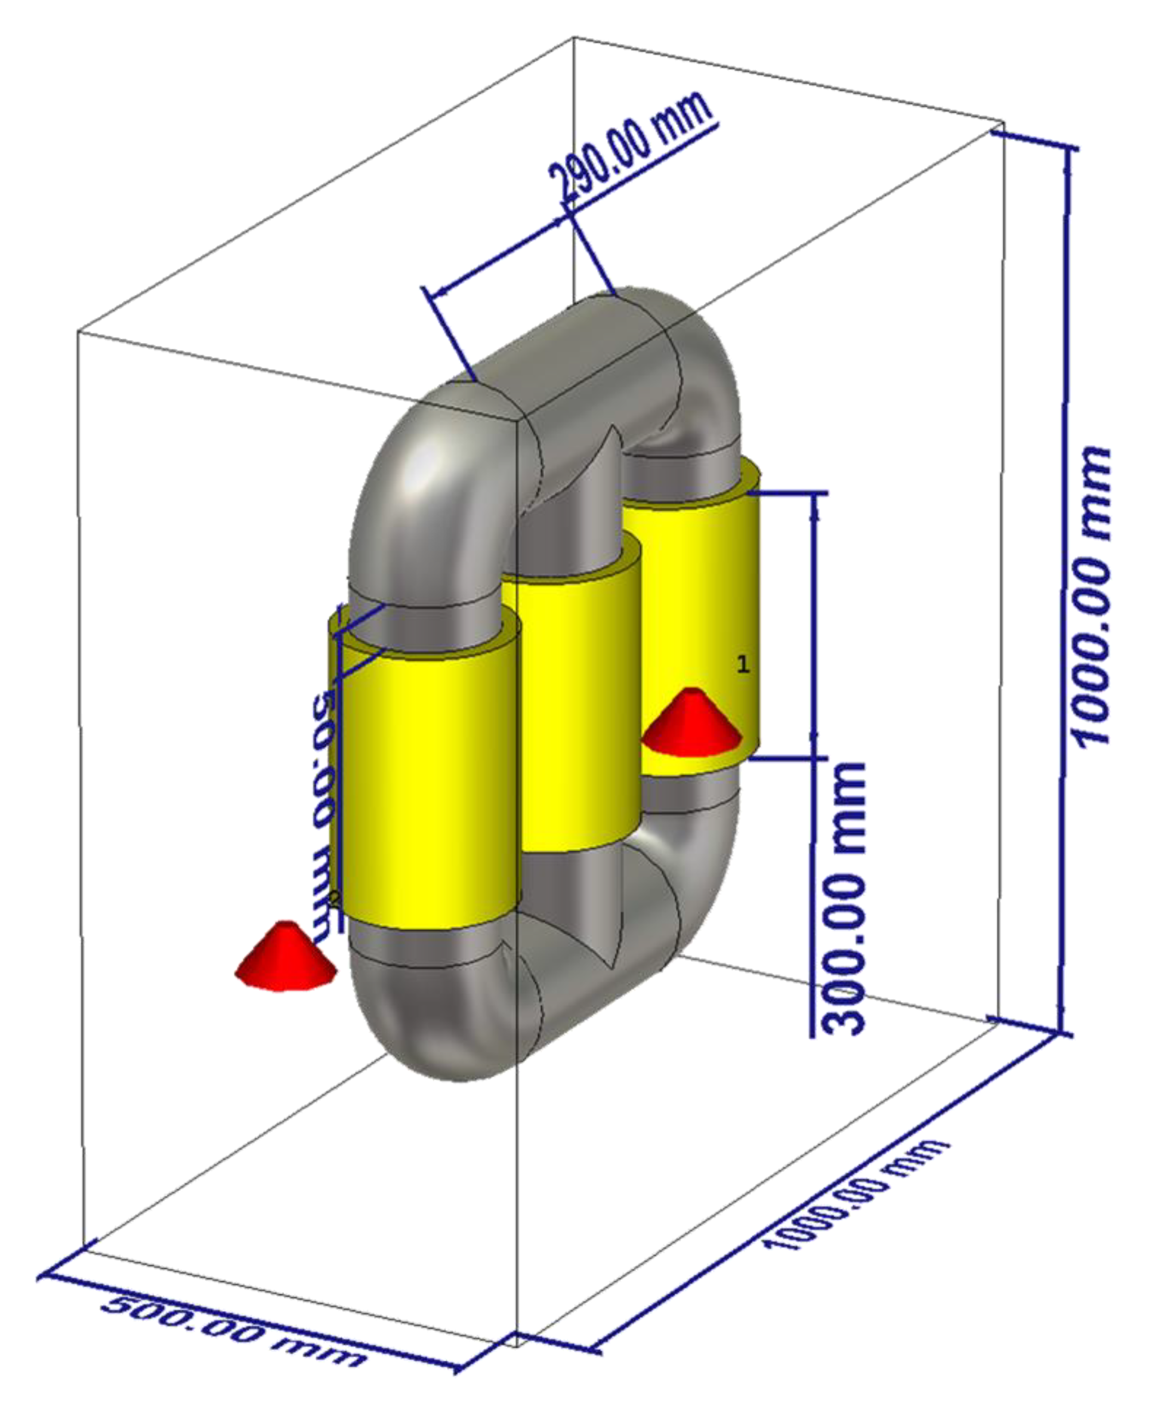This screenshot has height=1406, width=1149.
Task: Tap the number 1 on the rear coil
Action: point(743,665)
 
